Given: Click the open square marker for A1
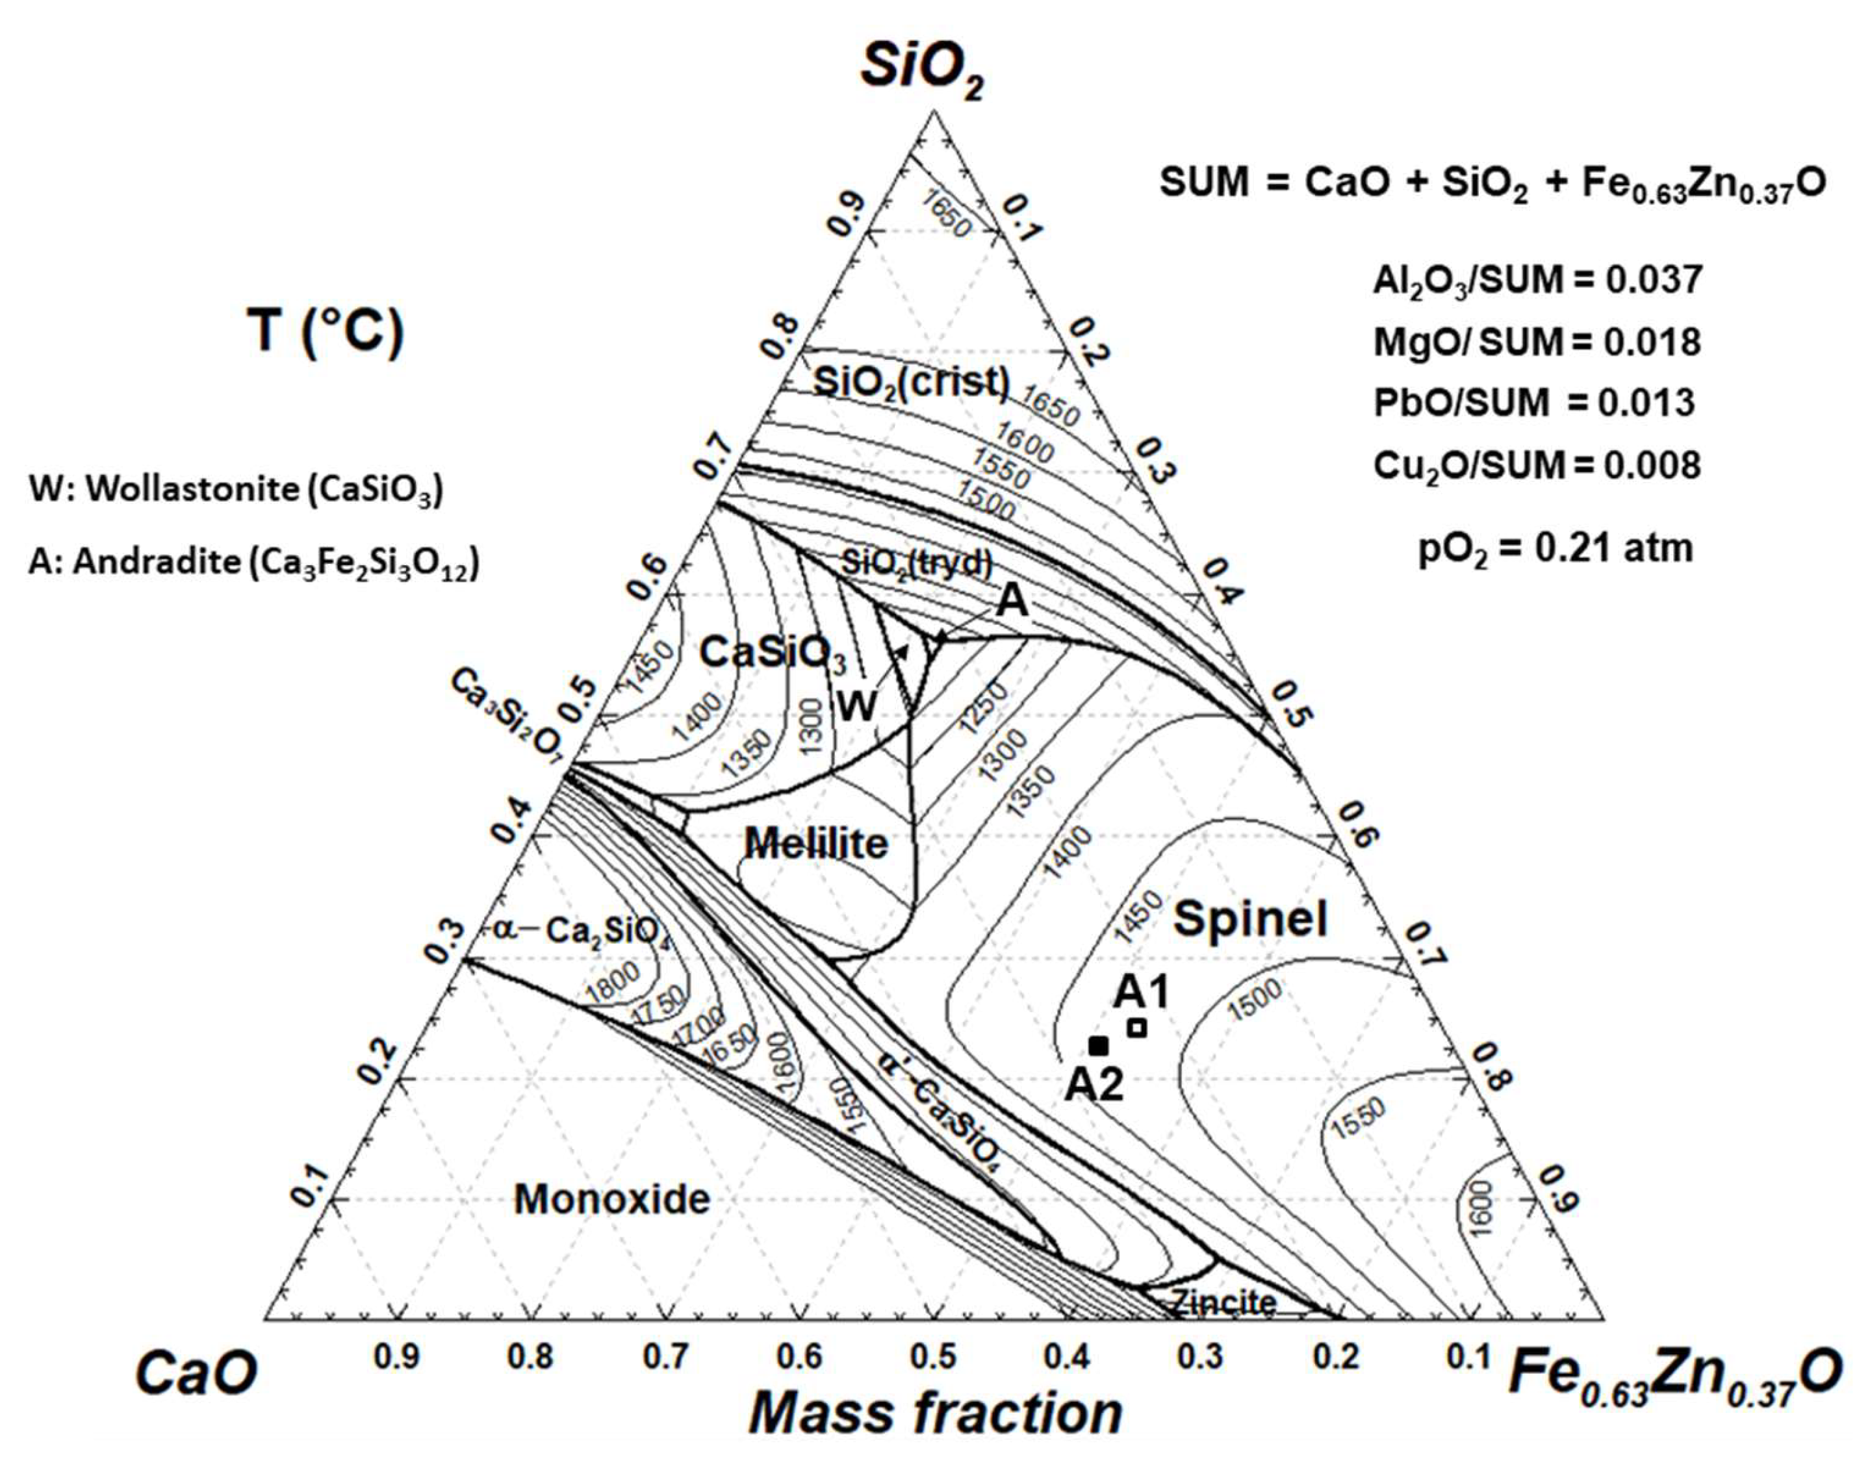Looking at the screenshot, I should click(1136, 1028).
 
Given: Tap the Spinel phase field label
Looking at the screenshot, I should click(1250, 920).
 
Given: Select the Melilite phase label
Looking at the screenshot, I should click(817, 844).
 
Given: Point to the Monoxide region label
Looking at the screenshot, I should click(612, 1199).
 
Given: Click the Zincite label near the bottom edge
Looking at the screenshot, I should click(1223, 1302).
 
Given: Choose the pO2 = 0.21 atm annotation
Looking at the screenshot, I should click(1555, 548).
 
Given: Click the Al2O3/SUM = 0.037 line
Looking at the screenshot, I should click(1537, 281).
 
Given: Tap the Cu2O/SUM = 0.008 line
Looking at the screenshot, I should click(1537, 466).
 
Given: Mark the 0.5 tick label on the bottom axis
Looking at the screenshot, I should click(934, 1356).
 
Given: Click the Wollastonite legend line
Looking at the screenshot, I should click(237, 490).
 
